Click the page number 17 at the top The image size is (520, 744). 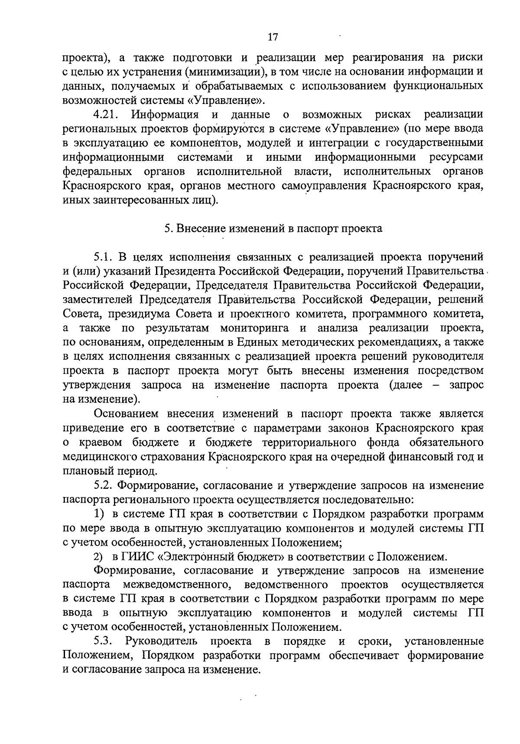tap(272, 37)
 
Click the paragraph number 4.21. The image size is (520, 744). tap(106, 115)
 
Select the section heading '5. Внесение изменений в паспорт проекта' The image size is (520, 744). tap(273, 229)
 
